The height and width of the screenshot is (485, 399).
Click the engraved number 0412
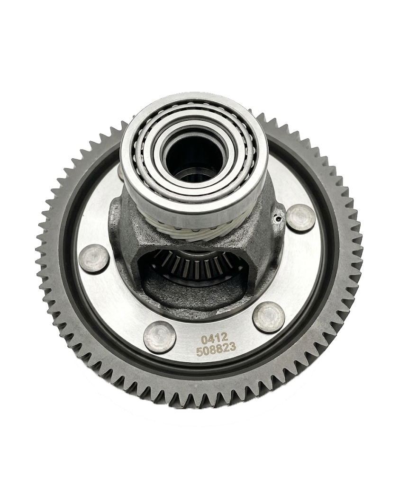215,340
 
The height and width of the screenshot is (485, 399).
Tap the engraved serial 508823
217,351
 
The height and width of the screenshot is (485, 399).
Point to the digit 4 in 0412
211,340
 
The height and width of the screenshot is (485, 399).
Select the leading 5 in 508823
199,352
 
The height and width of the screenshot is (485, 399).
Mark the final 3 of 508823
234,351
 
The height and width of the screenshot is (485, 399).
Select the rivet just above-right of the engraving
269,317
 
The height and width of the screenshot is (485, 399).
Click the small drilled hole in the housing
279,219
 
